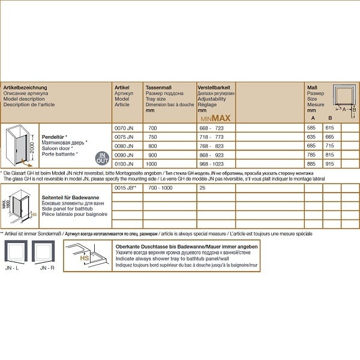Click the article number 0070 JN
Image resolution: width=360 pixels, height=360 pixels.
(124, 128)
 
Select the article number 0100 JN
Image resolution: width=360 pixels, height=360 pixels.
(124, 164)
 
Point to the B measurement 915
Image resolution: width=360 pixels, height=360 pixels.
(329, 164)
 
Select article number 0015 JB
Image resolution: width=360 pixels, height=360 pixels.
(125, 188)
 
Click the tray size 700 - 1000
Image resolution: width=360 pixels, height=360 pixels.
(160, 188)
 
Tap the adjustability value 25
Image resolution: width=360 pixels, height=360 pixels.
(202, 188)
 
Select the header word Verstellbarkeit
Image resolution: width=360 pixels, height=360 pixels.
(213, 88)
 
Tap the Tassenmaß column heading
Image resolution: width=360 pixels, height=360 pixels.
(159, 88)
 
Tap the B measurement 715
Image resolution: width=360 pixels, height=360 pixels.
(329, 146)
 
